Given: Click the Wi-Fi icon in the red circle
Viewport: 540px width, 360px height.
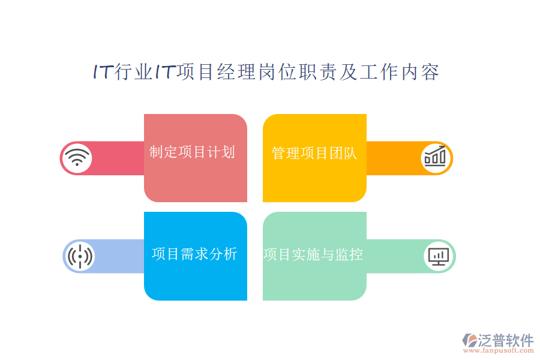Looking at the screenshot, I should tap(76, 158).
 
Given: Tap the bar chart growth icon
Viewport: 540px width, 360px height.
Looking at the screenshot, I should tap(436, 158).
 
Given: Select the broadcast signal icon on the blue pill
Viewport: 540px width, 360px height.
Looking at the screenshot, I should tap(79, 256).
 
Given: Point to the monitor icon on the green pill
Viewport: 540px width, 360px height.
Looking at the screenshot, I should tap(439, 256).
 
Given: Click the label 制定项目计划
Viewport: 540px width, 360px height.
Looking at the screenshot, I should tap(192, 152).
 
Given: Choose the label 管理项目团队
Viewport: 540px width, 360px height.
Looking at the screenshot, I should tap(314, 153).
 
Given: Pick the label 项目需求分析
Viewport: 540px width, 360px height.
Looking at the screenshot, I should tap(194, 254).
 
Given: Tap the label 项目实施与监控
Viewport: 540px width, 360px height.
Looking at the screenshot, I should tap(313, 254).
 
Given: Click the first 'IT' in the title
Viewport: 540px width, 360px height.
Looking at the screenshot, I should tap(102, 72).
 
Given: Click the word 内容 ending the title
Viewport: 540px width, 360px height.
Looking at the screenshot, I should tap(421, 72).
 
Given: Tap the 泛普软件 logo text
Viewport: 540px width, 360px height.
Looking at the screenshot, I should tap(506, 341).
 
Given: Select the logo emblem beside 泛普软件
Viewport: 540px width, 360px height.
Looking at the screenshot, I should tap(469, 341).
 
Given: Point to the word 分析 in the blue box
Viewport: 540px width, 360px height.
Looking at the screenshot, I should tap(223, 254).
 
